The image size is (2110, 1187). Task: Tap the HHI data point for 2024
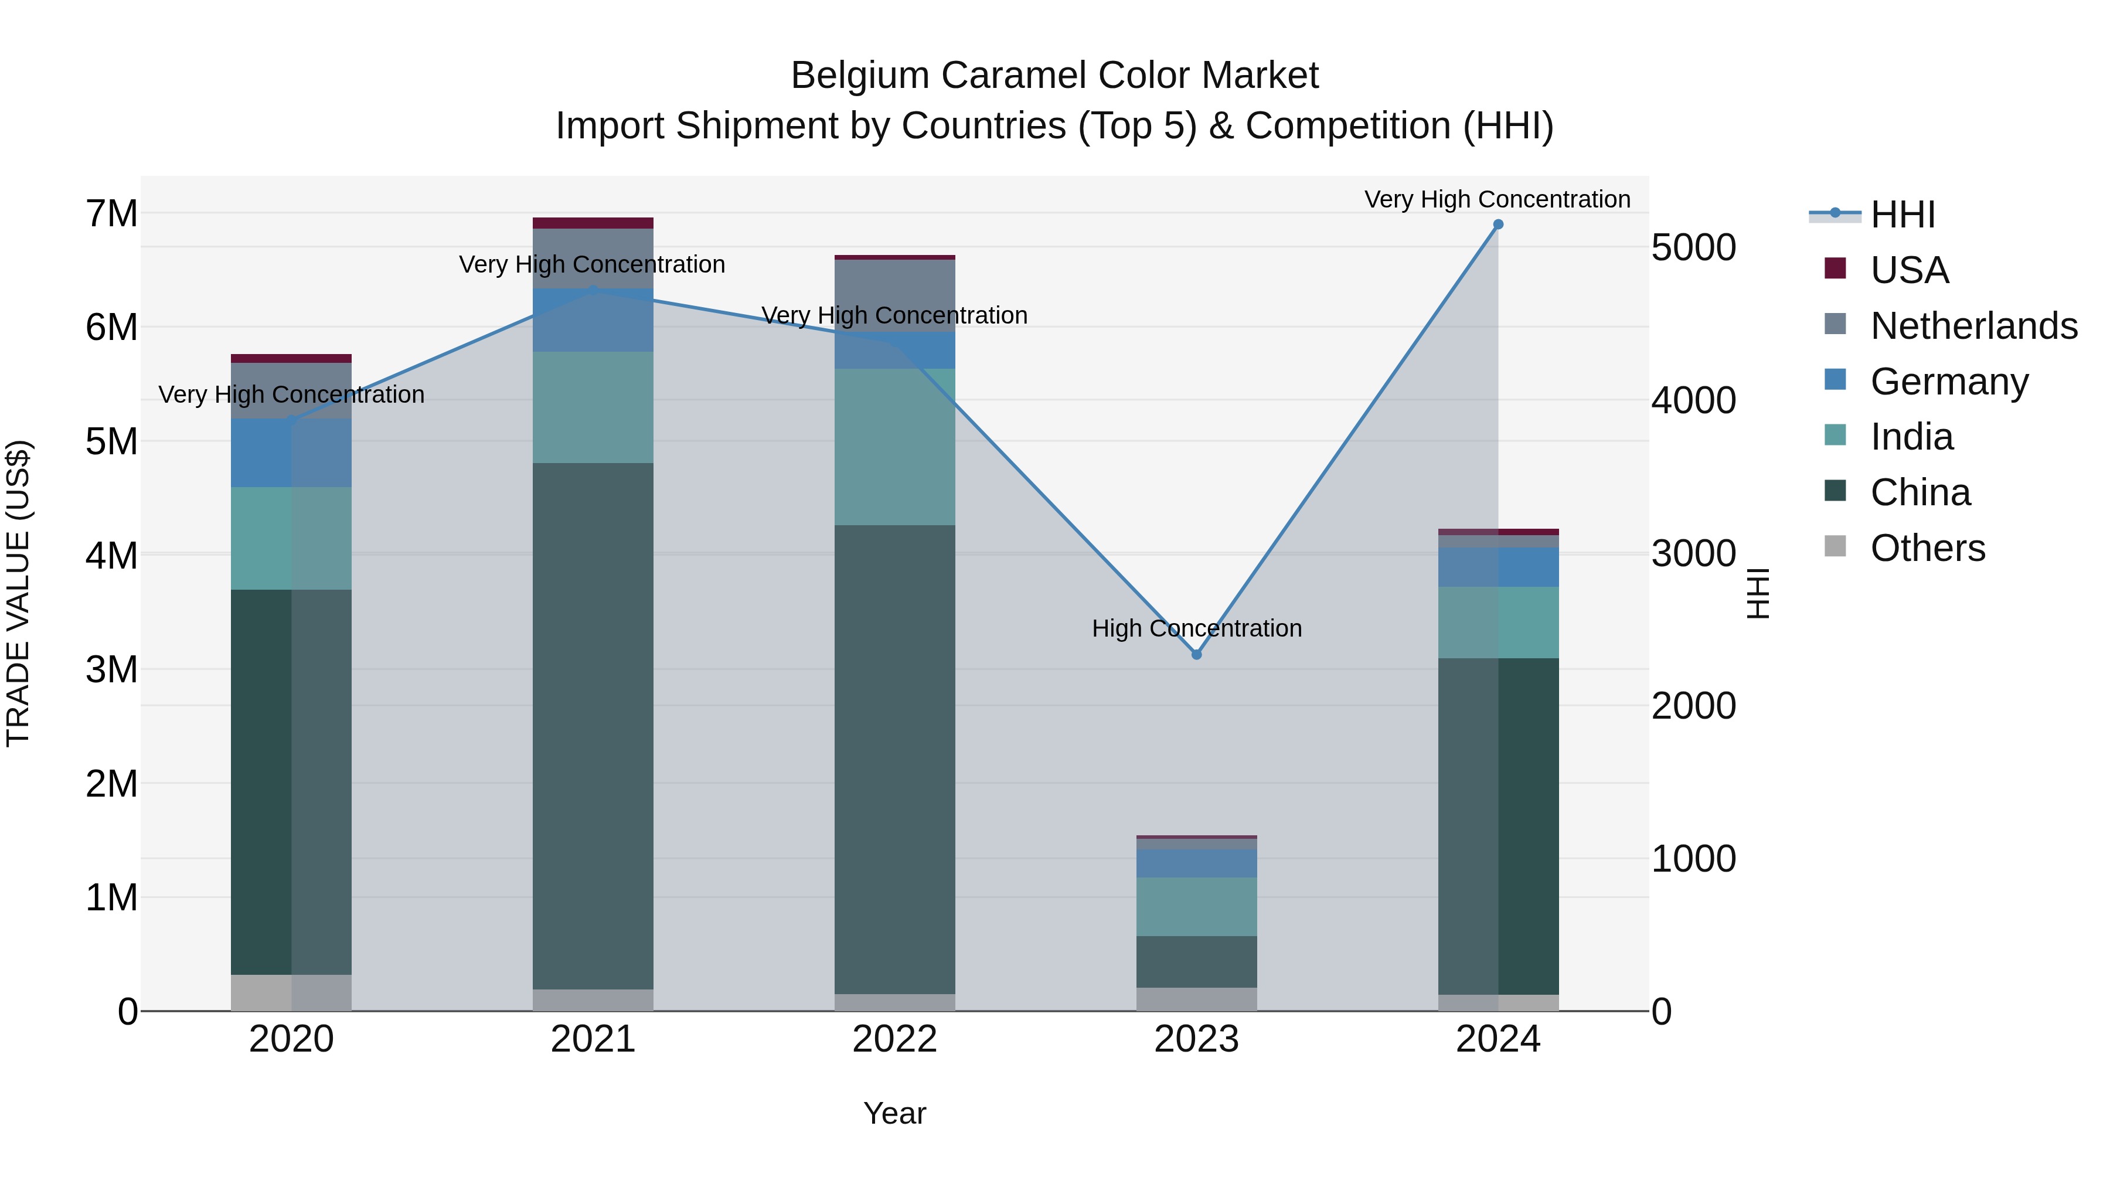click(x=1498, y=225)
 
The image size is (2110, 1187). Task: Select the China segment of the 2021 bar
click(x=593, y=725)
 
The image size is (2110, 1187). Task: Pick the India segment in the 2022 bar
click(x=894, y=447)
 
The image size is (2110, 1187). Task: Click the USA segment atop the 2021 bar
click(x=593, y=223)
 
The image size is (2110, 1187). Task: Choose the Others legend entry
click(x=1927, y=548)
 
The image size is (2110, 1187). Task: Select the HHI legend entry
click(x=1902, y=215)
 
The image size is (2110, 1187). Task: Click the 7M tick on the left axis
click(x=111, y=214)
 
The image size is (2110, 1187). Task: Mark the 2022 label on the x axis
click(x=894, y=1039)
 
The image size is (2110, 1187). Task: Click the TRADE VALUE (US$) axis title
click(x=18, y=593)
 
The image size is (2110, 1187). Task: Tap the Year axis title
click(x=894, y=1113)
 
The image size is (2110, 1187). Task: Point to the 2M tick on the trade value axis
click(x=111, y=784)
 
